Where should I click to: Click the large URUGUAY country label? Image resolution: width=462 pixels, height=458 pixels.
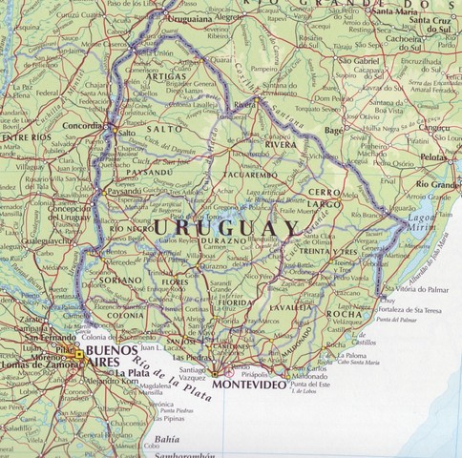click(225, 229)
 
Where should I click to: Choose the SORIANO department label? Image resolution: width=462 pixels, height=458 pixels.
click(122, 281)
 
